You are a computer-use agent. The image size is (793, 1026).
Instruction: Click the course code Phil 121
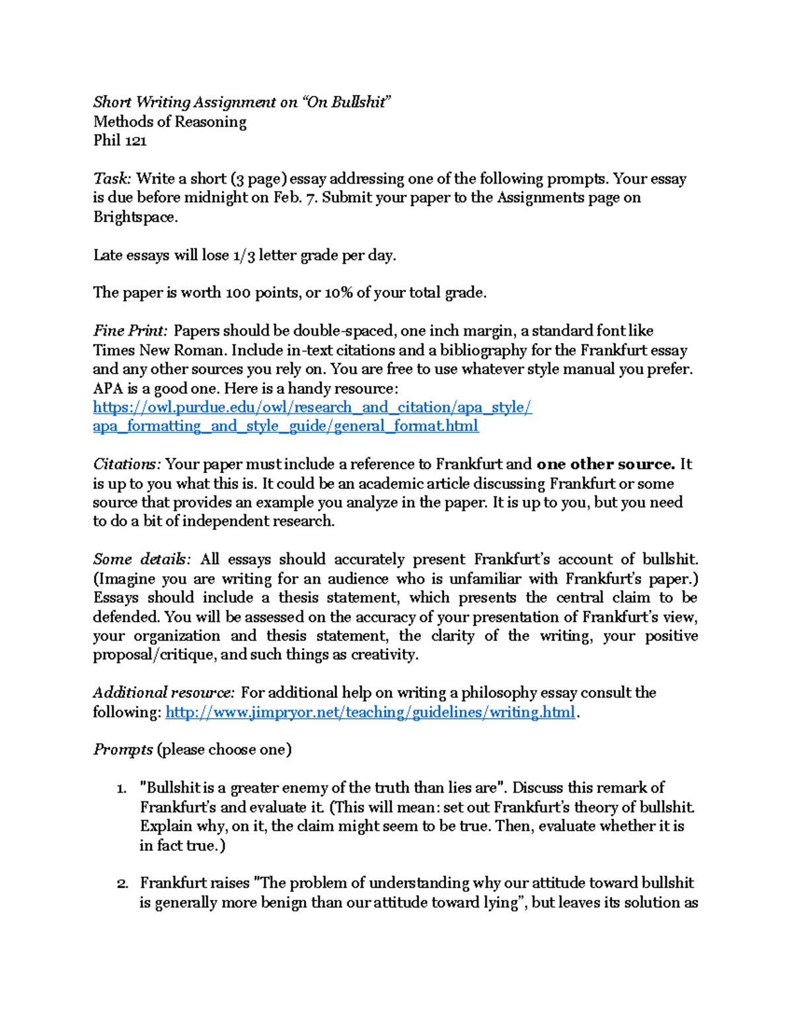120,141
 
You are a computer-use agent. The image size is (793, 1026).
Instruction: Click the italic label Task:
112,179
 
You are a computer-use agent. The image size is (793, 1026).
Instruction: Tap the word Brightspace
134,217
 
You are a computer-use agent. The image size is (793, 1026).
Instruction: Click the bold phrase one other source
605,464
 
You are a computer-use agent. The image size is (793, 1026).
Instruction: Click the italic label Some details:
141,560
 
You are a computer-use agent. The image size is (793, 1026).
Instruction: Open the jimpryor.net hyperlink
369,713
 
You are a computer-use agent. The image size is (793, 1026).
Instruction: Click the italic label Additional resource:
163,693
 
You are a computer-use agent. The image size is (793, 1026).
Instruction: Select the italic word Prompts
123,751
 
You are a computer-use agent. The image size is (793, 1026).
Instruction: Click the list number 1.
121,789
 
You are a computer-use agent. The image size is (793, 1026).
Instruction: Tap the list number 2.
122,884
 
